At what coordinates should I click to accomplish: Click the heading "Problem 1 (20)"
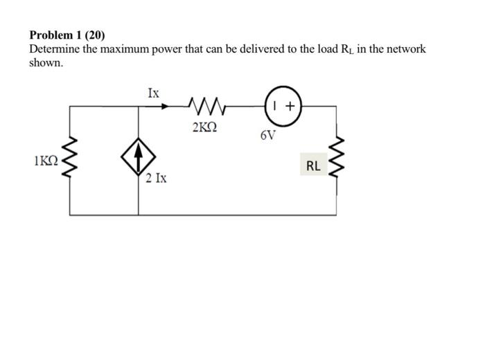[x=67, y=35]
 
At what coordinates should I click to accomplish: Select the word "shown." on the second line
[x=46, y=62]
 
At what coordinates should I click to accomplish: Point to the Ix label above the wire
[x=153, y=91]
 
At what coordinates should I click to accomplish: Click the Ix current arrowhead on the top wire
[x=164, y=107]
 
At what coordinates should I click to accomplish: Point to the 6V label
[x=268, y=135]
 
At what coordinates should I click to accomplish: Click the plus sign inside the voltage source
[x=290, y=107]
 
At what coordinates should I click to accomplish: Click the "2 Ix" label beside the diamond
[x=156, y=179]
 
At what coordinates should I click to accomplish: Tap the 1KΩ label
[x=46, y=161]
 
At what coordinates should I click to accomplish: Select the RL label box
[x=313, y=166]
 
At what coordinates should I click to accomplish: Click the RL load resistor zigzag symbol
[x=337, y=166]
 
